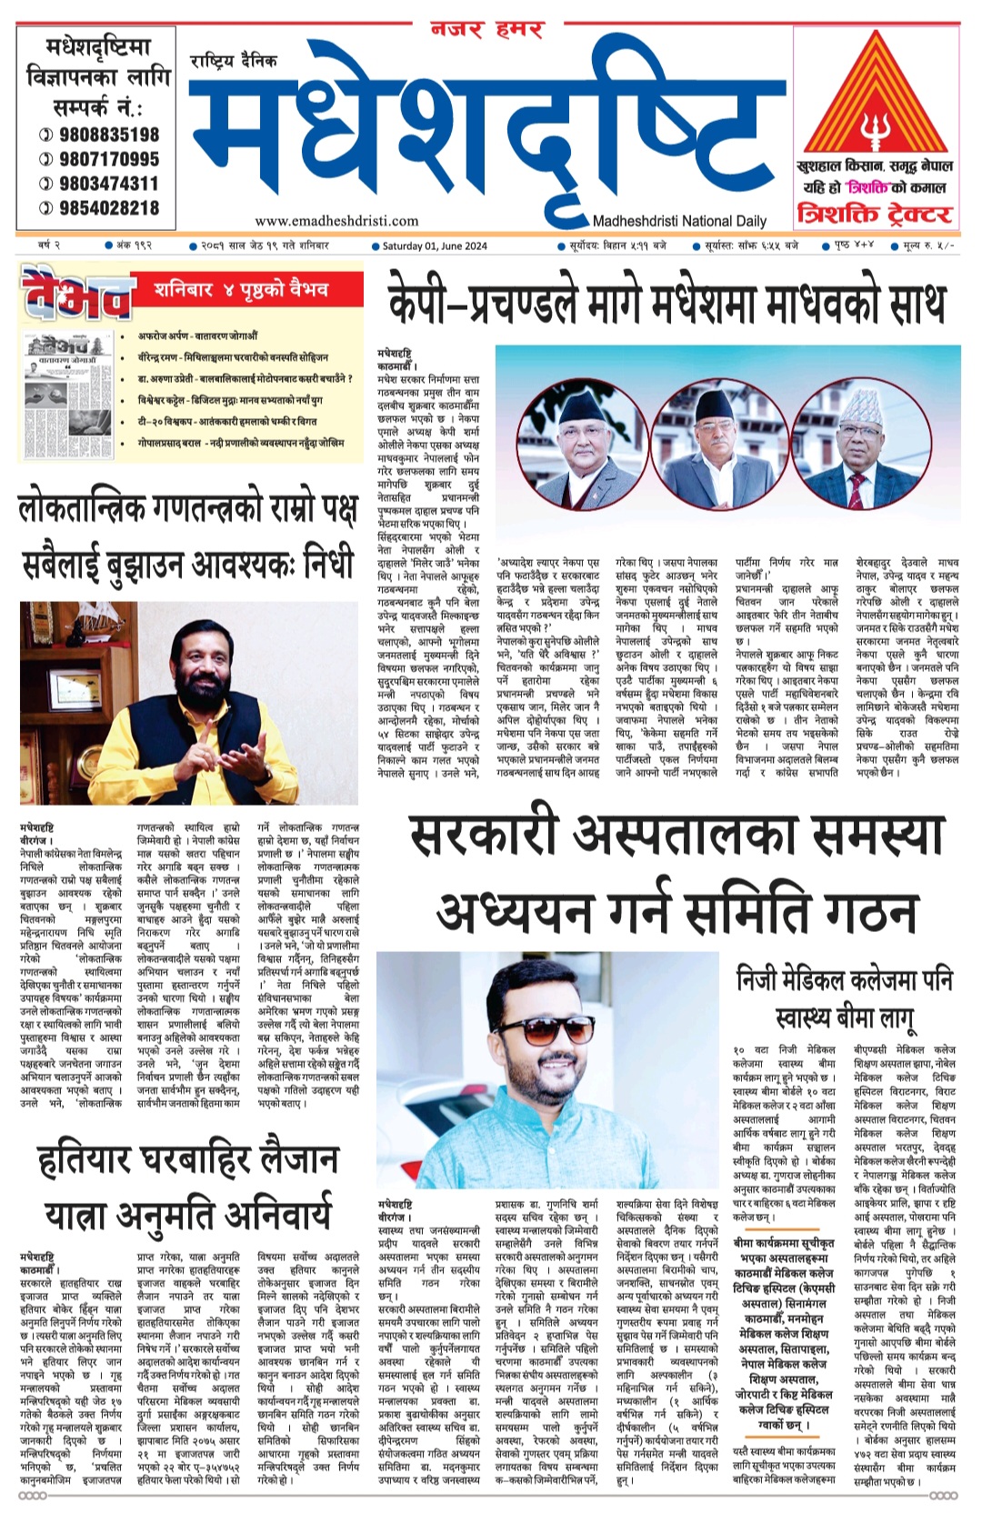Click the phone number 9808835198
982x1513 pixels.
click(x=108, y=135)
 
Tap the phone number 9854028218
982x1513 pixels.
click(x=108, y=208)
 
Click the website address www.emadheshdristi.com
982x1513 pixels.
click(x=336, y=221)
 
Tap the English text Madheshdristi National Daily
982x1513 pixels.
click(x=679, y=221)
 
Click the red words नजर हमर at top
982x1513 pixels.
click(x=486, y=30)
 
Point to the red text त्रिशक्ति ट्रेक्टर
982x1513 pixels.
click(x=874, y=215)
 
